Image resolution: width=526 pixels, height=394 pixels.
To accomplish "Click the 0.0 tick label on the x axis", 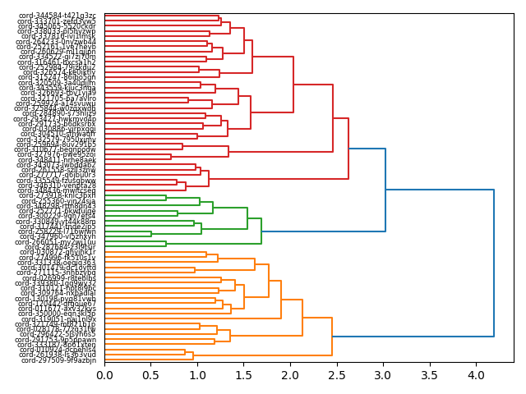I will pos(104,375).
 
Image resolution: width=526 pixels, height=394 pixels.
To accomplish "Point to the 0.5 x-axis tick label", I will pos(150,375).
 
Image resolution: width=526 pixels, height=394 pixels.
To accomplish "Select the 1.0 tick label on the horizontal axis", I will pos(197,375).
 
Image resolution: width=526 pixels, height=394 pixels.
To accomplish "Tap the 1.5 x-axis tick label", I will pos(244,375).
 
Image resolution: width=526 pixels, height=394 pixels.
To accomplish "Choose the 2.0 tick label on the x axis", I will pos(290,375).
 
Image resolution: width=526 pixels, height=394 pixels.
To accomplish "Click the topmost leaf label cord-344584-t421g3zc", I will pos(57,16).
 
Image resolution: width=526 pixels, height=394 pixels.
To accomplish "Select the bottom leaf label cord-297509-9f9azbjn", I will pos(58,360).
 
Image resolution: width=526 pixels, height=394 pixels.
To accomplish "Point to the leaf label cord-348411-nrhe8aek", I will pos(57,160).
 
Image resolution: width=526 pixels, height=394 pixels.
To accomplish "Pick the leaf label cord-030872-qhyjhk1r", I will pos(57,252).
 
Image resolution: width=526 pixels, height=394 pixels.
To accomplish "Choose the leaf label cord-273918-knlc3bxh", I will pos(57,195).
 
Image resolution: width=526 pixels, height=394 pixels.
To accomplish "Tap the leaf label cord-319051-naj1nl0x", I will pos(57,319).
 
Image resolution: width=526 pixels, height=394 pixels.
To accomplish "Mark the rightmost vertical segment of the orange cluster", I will pos(332,337).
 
